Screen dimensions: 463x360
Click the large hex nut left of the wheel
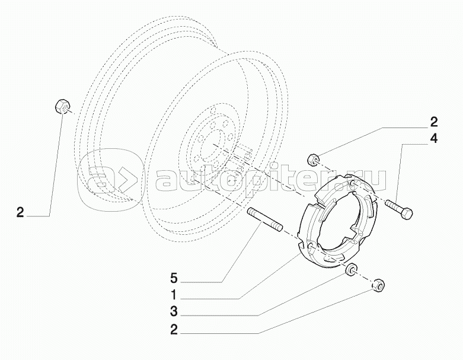tap(62, 106)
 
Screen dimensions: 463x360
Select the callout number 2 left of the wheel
tap(20, 213)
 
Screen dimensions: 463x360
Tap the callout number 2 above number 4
tap(433, 122)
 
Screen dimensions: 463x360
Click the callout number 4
tap(433, 139)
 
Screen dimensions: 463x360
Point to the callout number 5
tap(174, 278)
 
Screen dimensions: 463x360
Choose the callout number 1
tap(174, 294)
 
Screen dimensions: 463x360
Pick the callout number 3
tap(174, 311)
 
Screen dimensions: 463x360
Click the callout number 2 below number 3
tap(174, 330)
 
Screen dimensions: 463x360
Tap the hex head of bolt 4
tap(406, 214)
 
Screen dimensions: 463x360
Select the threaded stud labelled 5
tap(265, 219)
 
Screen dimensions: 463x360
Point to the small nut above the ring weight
tap(312, 159)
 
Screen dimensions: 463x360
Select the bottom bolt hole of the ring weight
tap(311, 246)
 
